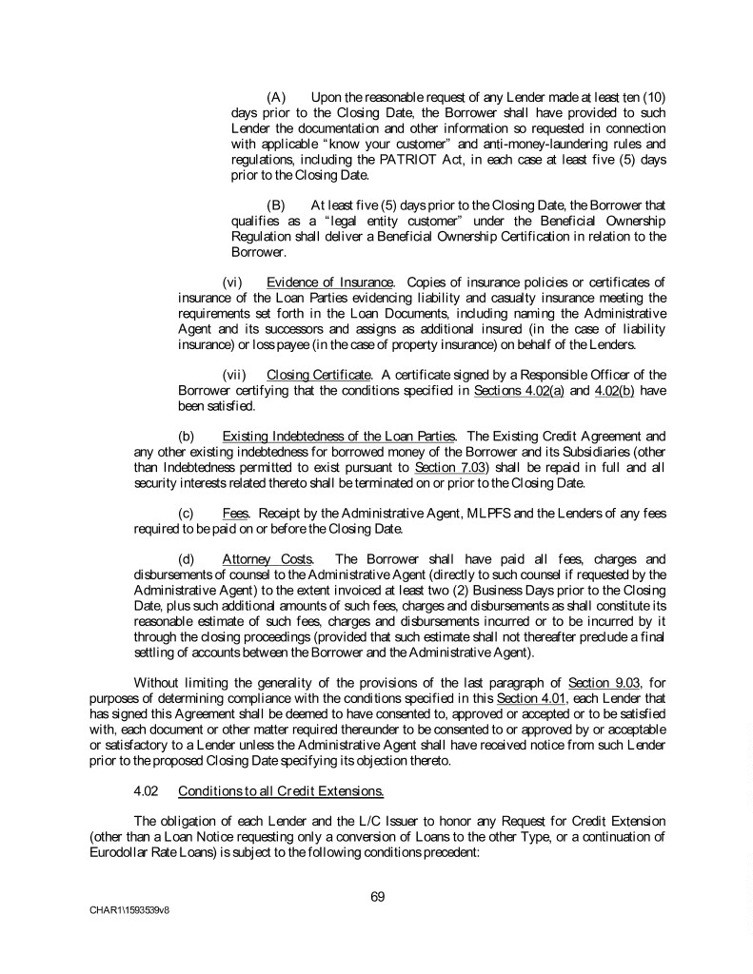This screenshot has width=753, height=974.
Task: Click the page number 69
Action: [x=377, y=895]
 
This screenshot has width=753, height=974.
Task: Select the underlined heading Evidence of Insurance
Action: [x=330, y=282]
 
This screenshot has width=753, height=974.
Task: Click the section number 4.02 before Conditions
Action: [x=148, y=790]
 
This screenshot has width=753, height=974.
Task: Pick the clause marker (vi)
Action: [x=233, y=282]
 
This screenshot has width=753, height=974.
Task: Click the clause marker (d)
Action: [x=187, y=558]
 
